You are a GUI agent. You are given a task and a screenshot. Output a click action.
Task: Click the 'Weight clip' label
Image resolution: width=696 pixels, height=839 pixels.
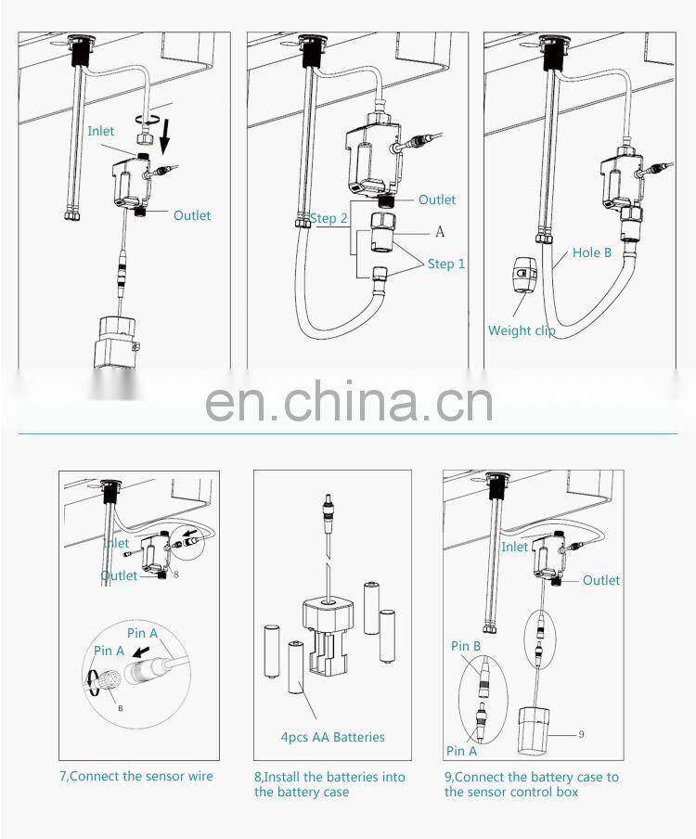point(522,330)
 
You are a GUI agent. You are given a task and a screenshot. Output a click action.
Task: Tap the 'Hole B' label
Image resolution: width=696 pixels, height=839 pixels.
point(591,252)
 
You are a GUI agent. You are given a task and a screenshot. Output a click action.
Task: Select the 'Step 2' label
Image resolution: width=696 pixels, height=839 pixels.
point(329,218)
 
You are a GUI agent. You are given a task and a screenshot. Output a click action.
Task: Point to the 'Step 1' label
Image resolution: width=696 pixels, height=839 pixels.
point(446,264)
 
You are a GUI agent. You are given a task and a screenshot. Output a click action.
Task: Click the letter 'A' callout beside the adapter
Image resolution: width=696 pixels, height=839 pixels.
point(439,231)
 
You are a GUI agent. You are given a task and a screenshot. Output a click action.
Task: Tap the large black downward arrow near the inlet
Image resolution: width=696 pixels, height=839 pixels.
point(164,137)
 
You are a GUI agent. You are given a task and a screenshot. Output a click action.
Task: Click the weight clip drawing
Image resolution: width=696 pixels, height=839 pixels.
point(525,274)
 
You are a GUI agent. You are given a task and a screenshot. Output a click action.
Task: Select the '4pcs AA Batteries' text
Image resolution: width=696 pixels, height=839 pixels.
point(332,737)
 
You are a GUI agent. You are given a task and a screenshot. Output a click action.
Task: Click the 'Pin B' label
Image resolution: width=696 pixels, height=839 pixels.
point(466,646)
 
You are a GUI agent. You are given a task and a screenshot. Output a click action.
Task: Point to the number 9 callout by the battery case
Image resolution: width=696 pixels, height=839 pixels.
point(581,734)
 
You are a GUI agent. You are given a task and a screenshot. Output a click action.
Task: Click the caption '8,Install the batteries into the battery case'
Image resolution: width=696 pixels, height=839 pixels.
point(329,784)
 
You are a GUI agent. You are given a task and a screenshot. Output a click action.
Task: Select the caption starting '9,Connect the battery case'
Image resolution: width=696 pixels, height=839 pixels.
point(531,784)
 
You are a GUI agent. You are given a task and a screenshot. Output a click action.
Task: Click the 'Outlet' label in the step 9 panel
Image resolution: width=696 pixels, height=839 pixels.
point(601,580)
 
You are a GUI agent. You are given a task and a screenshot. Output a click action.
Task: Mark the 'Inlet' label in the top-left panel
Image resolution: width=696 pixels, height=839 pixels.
point(101,131)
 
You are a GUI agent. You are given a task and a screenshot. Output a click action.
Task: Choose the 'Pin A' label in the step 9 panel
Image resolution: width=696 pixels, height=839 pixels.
point(460,751)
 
